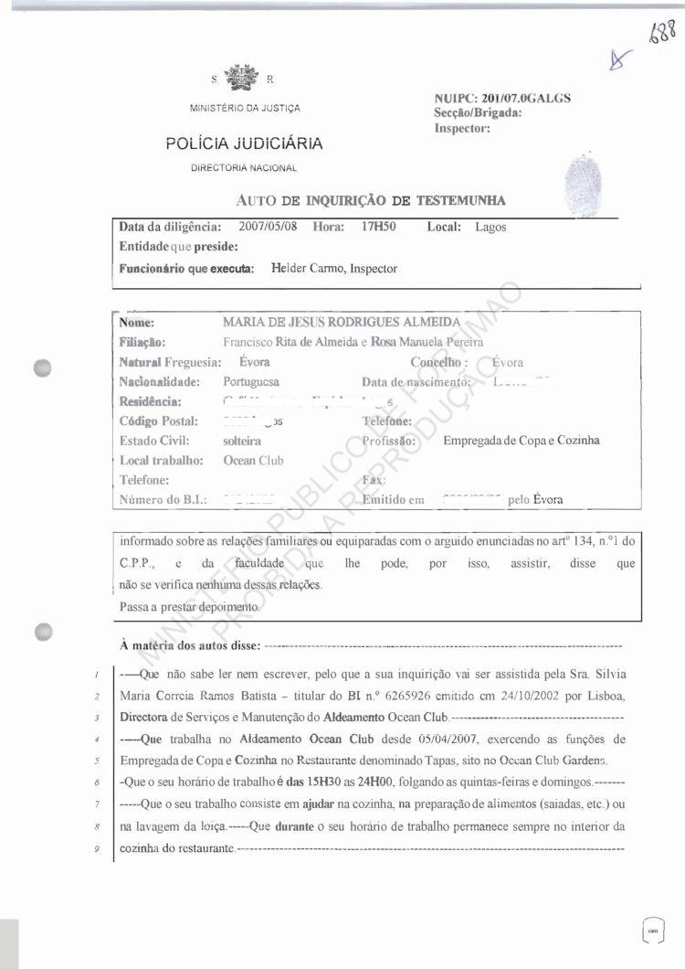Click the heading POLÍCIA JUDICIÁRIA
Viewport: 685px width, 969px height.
point(244,144)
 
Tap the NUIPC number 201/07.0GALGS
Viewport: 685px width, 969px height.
point(521,98)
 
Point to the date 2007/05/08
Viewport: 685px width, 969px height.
point(268,227)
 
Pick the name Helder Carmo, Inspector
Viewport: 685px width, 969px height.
point(333,269)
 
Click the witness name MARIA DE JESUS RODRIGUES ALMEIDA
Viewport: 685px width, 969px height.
point(342,323)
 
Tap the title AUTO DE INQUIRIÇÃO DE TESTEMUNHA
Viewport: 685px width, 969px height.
point(370,200)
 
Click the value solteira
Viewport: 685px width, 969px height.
point(242,441)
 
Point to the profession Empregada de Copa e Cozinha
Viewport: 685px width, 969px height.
point(522,441)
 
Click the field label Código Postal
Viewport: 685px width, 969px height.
point(153,421)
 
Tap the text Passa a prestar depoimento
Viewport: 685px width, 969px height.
point(190,606)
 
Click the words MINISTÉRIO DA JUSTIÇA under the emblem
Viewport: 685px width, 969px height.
point(244,109)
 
